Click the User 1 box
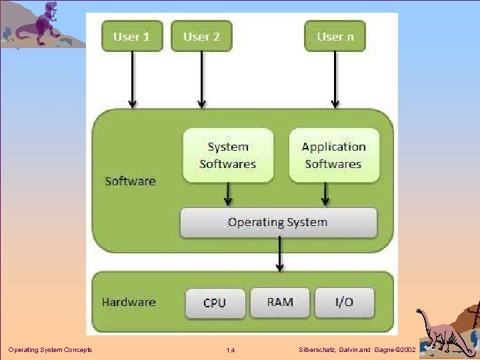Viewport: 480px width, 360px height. point(131,36)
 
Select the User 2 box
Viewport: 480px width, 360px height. point(201,36)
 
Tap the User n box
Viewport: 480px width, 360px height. point(335,36)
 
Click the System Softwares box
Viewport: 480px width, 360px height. point(228,155)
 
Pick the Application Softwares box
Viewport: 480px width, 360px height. point(334,155)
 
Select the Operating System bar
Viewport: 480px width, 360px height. point(278,223)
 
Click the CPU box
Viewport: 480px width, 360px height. point(214,303)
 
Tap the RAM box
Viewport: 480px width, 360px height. point(280,302)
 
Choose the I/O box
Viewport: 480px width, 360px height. point(344,302)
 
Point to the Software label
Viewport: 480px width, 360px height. point(130,181)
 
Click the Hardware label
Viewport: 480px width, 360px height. point(129,302)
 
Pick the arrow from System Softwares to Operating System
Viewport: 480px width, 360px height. point(229,194)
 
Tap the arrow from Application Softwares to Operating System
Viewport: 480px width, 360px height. point(326,194)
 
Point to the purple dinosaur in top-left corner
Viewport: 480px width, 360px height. point(43,23)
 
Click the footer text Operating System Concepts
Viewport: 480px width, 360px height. point(50,350)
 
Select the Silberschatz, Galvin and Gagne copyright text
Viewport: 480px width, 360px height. point(358,350)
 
